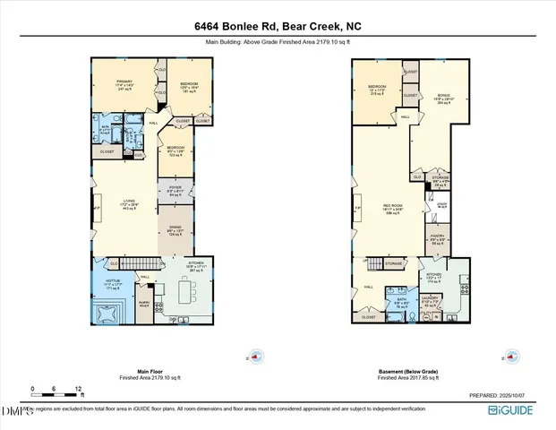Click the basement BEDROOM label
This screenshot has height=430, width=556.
(375, 89)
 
